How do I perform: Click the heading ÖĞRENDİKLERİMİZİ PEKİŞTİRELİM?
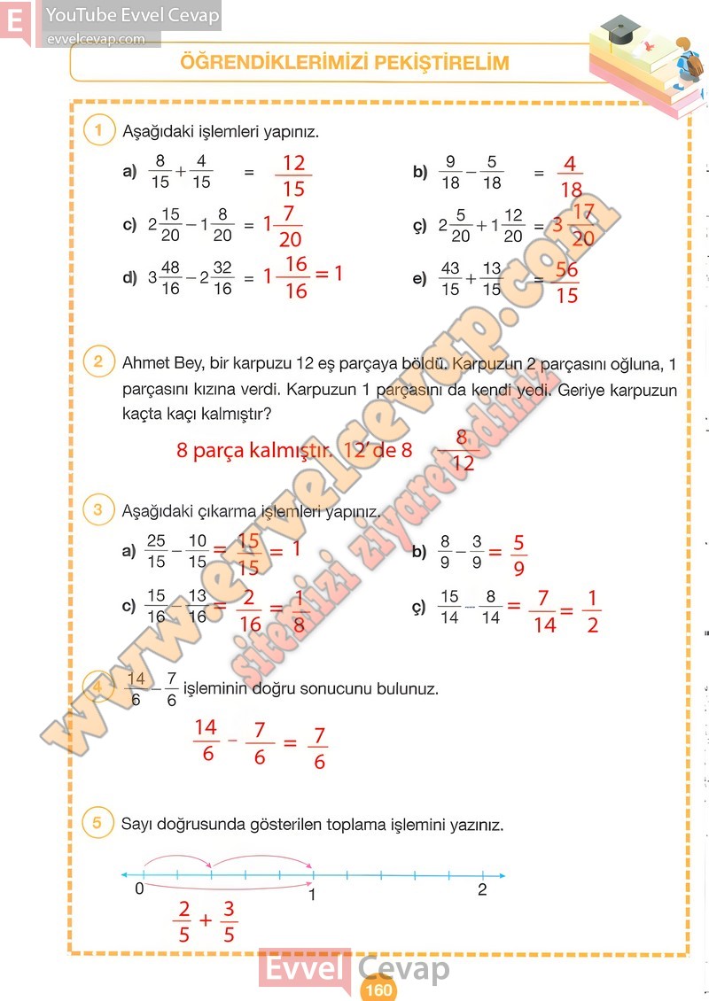(x=345, y=63)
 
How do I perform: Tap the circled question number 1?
(x=98, y=130)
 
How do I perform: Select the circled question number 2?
(x=98, y=361)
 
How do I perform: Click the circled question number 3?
(x=98, y=509)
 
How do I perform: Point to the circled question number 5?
(x=98, y=823)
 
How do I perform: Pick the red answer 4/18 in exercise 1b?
(x=571, y=176)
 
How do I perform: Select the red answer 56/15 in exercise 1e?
(x=566, y=283)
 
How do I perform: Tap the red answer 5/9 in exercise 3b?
(x=518, y=555)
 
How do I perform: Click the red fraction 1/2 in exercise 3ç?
(x=592, y=611)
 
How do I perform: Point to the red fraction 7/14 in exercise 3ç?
(x=544, y=611)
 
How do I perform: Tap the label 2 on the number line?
(x=482, y=890)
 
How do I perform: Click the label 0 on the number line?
(x=139, y=888)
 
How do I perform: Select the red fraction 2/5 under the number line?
(x=183, y=921)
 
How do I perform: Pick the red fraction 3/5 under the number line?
(x=229, y=921)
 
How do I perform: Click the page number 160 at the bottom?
(x=378, y=990)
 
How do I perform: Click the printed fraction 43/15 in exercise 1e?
(x=450, y=278)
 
